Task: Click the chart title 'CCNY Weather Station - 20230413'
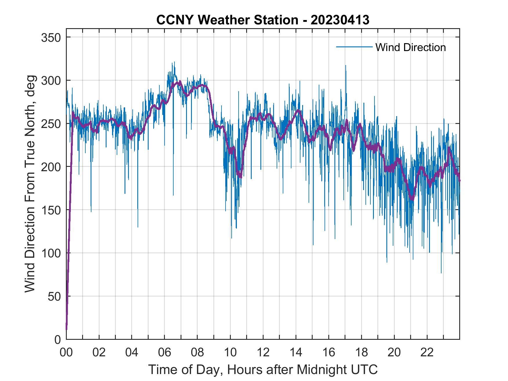[x=263, y=20]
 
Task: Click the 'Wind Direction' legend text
[x=410, y=47]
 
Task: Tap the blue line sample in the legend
[x=354, y=47]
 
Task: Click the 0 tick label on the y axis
[x=58, y=340]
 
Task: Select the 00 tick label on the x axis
[x=66, y=353]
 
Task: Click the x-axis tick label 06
[x=165, y=353]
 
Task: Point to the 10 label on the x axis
[x=230, y=353]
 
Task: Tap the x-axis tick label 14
[x=296, y=353]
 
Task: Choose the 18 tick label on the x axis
[x=361, y=353]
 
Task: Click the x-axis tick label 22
[x=427, y=353]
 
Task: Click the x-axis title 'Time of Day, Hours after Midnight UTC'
[x=263, y=369]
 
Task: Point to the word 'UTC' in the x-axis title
[x=365, y=369]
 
